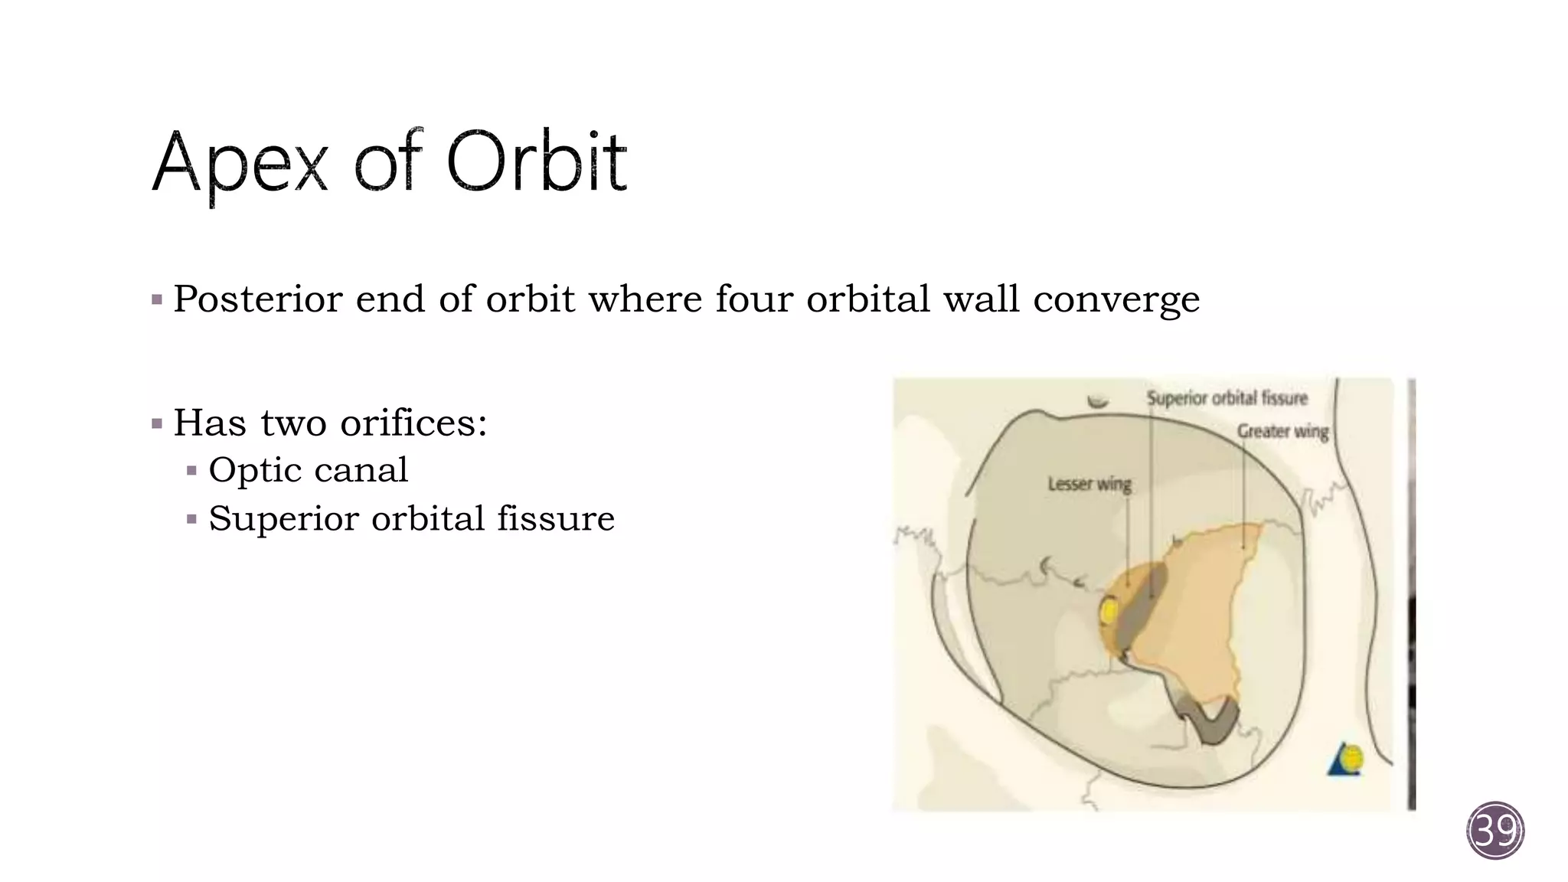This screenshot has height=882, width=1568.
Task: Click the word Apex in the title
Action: point(240,163)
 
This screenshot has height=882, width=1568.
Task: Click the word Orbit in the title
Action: point(536,162)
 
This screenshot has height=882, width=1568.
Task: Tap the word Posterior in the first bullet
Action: point(257,299)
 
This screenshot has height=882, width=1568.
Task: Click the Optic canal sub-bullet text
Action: point(308,470)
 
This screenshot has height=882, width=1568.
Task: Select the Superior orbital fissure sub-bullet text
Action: point(411,518)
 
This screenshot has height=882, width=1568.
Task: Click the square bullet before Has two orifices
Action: point(157,423)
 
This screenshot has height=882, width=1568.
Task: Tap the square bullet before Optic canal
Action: point(192,471)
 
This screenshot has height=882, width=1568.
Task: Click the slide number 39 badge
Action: point(1495,831)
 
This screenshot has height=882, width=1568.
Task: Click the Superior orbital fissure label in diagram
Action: point(1227,398)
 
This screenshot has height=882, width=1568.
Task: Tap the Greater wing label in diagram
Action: point(1282,431)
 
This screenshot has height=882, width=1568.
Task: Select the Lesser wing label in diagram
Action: point(1089,484)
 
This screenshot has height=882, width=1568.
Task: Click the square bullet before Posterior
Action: point(157,300)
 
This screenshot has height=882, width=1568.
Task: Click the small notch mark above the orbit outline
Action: point(1098,402)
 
